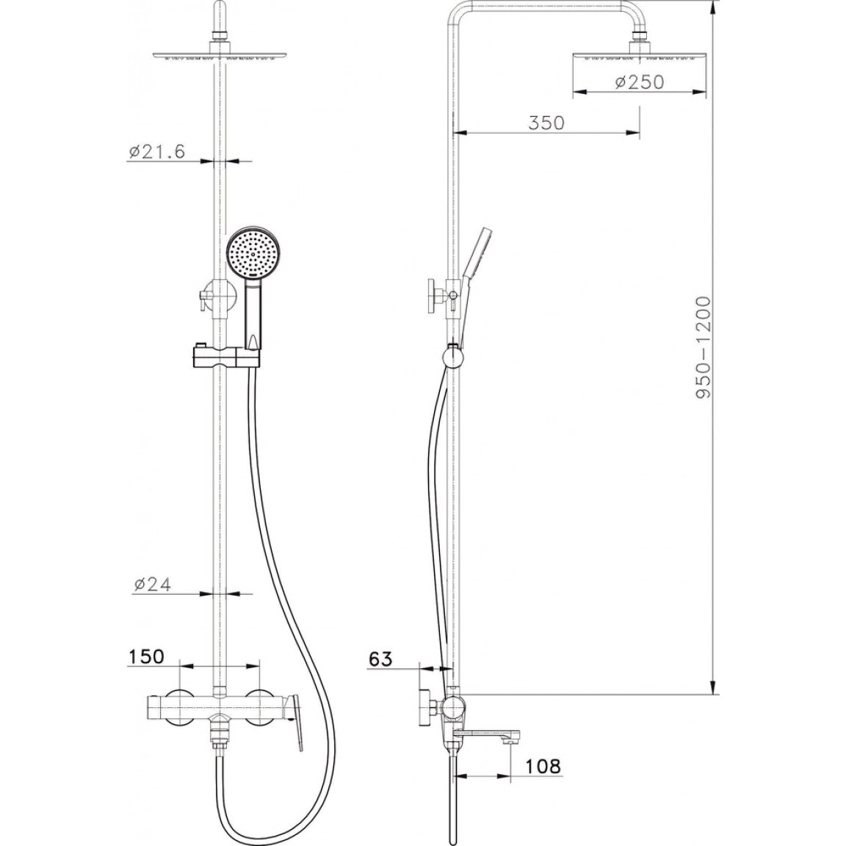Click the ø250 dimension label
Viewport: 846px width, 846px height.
click(x=639, y=82)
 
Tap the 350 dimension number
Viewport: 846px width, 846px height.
click(x=546, y=123)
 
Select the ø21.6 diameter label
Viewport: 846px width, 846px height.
click(x=156, y=151)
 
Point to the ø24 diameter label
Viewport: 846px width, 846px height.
click(x=151, y=585)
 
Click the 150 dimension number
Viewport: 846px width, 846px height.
click(x=145, y=657)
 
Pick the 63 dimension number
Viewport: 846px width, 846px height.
click(x=381, y=659)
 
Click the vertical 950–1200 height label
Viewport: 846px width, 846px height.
click(x=704, y=347)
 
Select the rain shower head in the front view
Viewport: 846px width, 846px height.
click(x=220, y=54)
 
